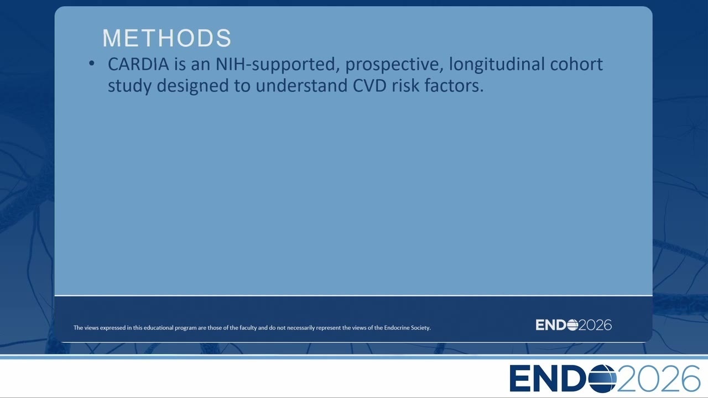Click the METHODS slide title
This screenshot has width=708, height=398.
167,38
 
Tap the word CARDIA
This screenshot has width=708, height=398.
138,64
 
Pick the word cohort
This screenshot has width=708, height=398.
576,64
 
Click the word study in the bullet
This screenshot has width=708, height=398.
129,86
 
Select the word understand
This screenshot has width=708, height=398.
301,86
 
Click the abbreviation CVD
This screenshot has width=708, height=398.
369,86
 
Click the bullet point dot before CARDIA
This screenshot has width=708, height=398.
92,64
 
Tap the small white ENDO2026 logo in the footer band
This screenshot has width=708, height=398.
574,325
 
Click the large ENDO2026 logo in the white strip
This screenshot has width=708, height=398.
605,378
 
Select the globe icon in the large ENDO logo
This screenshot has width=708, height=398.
602,379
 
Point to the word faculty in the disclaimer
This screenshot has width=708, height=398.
248,328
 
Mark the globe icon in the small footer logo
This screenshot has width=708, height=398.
572,325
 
